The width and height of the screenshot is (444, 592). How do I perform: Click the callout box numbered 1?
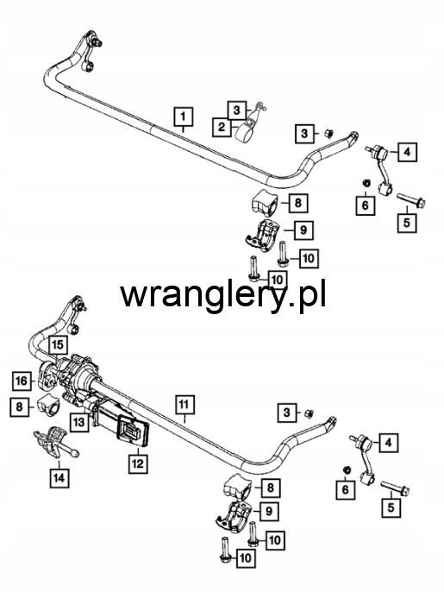(183, 117)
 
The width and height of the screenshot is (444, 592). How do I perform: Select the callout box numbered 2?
(221, 127)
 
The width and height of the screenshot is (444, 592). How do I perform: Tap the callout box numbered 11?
(184, 405)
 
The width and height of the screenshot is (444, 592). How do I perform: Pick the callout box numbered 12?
(138, 463)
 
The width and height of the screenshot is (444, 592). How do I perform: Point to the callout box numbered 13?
(78, 422)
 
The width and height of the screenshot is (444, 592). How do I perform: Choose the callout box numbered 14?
(59, 478)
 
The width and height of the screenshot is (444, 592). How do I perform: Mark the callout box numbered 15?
(58, 344)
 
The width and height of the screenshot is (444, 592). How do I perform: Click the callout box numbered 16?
(22, 381)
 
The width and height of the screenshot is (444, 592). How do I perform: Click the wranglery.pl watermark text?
(223, 294)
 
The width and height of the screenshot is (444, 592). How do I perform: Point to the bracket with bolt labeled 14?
(54, 444)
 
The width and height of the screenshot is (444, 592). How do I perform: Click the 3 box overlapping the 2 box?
(236, 110)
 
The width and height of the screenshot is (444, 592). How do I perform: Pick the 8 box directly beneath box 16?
(19, 406)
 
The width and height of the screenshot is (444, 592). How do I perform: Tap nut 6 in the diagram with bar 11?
(347, 469)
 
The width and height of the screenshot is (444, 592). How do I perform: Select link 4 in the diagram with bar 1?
(380, 169)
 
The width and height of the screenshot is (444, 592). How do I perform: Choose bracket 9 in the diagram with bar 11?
(235, 515)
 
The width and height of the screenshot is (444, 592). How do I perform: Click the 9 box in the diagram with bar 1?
(303, 230)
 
